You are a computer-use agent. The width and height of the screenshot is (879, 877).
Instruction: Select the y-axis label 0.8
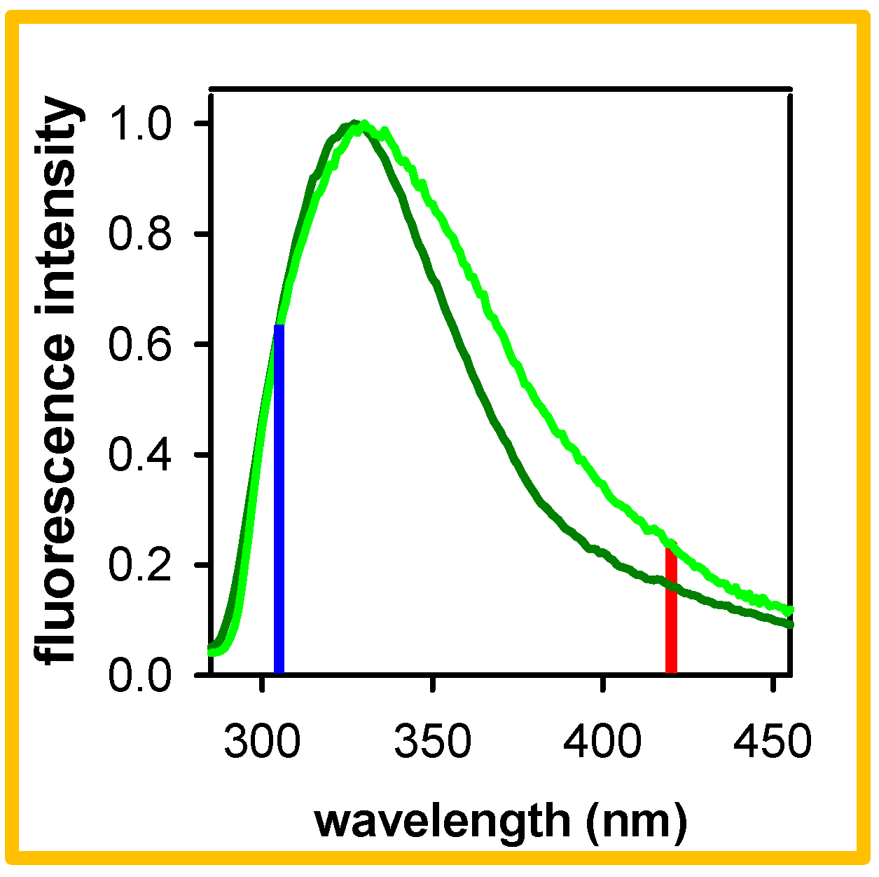point(140,234)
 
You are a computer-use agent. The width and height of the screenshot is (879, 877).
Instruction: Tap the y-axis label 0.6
point(140,344)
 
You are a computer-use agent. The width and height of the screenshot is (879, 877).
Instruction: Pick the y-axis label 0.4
point(140,455)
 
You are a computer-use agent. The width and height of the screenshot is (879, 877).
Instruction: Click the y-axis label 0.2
point(140,565)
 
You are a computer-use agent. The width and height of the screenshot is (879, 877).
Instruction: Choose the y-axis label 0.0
point(140,675)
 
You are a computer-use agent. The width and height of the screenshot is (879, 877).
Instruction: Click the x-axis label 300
point(262,742)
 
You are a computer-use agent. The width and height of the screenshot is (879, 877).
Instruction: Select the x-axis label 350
point(433,742)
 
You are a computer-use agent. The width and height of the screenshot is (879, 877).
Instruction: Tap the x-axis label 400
point(603,742)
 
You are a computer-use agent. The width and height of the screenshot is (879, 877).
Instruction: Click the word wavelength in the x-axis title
point(443,821)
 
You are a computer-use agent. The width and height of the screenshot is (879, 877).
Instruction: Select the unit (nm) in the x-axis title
point(636,821)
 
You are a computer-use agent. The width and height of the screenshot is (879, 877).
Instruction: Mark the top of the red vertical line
point(670,550)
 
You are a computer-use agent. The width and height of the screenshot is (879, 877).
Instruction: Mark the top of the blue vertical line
point(279,327)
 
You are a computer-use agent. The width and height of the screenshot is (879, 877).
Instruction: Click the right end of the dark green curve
point(790,623)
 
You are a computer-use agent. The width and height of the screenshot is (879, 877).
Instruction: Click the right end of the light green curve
point(790,611)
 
